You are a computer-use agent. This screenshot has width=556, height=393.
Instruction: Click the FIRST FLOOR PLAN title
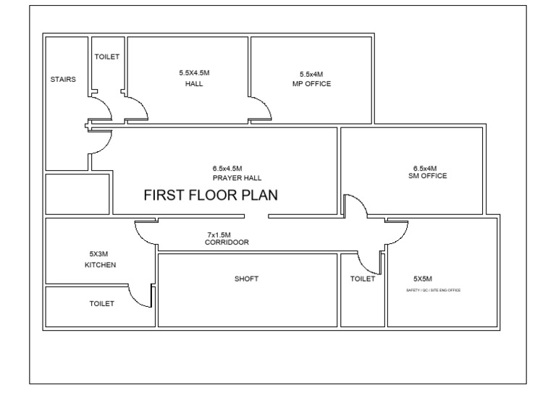coord(211,195)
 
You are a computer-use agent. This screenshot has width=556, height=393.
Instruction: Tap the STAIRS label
coord(63,79)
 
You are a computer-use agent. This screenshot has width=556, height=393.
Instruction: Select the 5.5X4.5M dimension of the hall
coord(193,72)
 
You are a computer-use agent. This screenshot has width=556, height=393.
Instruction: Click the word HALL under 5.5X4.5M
coord(193,84)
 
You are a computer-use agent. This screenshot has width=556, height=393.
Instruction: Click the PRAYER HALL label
coord(237,177)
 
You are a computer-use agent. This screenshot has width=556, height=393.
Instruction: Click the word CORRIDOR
coord(227,242)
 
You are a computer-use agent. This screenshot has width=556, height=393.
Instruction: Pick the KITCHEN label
coord(100,265)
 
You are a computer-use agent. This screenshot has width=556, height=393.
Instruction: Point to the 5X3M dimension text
coord(98,254)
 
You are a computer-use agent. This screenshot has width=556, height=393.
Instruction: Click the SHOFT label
coord(246,279)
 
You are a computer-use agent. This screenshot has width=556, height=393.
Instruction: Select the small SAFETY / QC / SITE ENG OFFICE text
coord(434,290)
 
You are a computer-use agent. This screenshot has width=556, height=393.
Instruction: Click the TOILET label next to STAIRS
coord(107,56)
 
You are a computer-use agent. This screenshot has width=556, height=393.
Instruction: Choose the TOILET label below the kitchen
coord(101,303)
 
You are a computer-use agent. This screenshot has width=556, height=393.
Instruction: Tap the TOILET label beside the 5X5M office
coord(362,279)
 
